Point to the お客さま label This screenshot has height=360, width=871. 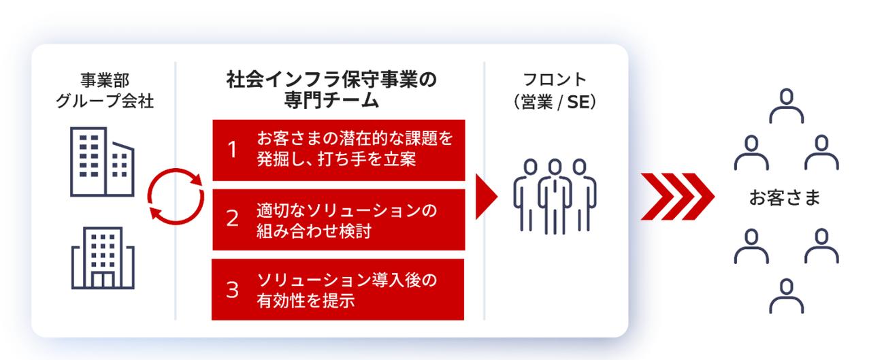(785, 199)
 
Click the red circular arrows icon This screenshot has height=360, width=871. (176, 196)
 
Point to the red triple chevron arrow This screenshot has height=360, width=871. (677, 197)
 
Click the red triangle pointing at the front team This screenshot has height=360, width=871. (486, 197)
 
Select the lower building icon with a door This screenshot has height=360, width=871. (103, 258)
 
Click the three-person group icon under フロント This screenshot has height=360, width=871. (555, 197)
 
